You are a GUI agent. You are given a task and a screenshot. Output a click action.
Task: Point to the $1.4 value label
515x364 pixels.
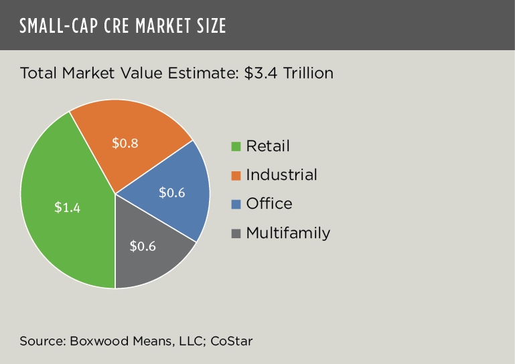[67, 207]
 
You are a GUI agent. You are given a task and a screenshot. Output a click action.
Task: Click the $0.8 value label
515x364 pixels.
[125, 143]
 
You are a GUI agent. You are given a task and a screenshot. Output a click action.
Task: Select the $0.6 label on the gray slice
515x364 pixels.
[142, 246]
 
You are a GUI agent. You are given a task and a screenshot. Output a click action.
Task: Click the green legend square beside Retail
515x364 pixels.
[236, 147]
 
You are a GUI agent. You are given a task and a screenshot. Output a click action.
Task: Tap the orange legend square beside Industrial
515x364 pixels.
[236, 175]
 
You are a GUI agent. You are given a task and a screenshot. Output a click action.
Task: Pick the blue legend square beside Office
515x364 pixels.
[236, 204]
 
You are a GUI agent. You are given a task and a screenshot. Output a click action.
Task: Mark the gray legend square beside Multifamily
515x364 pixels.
[236, 234]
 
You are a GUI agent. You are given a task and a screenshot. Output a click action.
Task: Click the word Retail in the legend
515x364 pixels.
[268, 146]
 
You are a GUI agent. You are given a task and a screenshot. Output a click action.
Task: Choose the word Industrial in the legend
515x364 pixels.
[281, 175]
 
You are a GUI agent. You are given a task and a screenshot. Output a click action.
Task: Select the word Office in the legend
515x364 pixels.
[269, 203]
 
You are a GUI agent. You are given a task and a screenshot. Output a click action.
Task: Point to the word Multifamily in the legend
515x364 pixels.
[288, 233]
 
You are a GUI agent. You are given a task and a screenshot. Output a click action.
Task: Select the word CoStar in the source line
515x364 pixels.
[231, 341]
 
